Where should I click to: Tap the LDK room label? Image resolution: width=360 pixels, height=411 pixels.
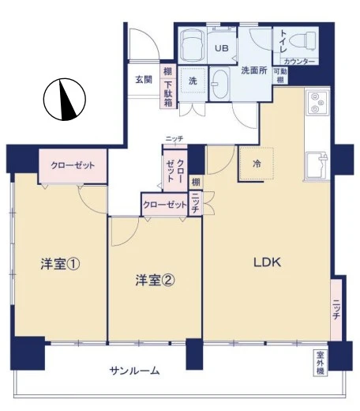pyautogui.click(x=267, y=263)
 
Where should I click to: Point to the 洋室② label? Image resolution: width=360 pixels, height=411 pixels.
pyautogui.click(x=154, y=279)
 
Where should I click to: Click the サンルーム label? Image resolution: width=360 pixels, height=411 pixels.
pyautogui.click(x=135, y=370)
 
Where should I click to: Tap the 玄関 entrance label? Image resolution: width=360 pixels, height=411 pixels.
pyautogui.click(x=143, y=79)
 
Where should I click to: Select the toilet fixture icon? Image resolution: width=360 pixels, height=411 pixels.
pyautogui.click(x=301, y=40)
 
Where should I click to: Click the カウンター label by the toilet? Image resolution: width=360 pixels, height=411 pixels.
pyautogui.click(x=298, y=62)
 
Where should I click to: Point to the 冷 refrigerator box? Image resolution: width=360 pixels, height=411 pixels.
pyautogui.click(x=257, y=164)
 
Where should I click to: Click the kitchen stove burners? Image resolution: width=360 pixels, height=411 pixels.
pyautogui.click(x=316, y=102)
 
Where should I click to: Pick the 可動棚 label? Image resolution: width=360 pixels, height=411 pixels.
pyautogui.click(x=279, y=76)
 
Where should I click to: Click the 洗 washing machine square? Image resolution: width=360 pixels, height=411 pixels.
pyautogui.click(x=192, y=80)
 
